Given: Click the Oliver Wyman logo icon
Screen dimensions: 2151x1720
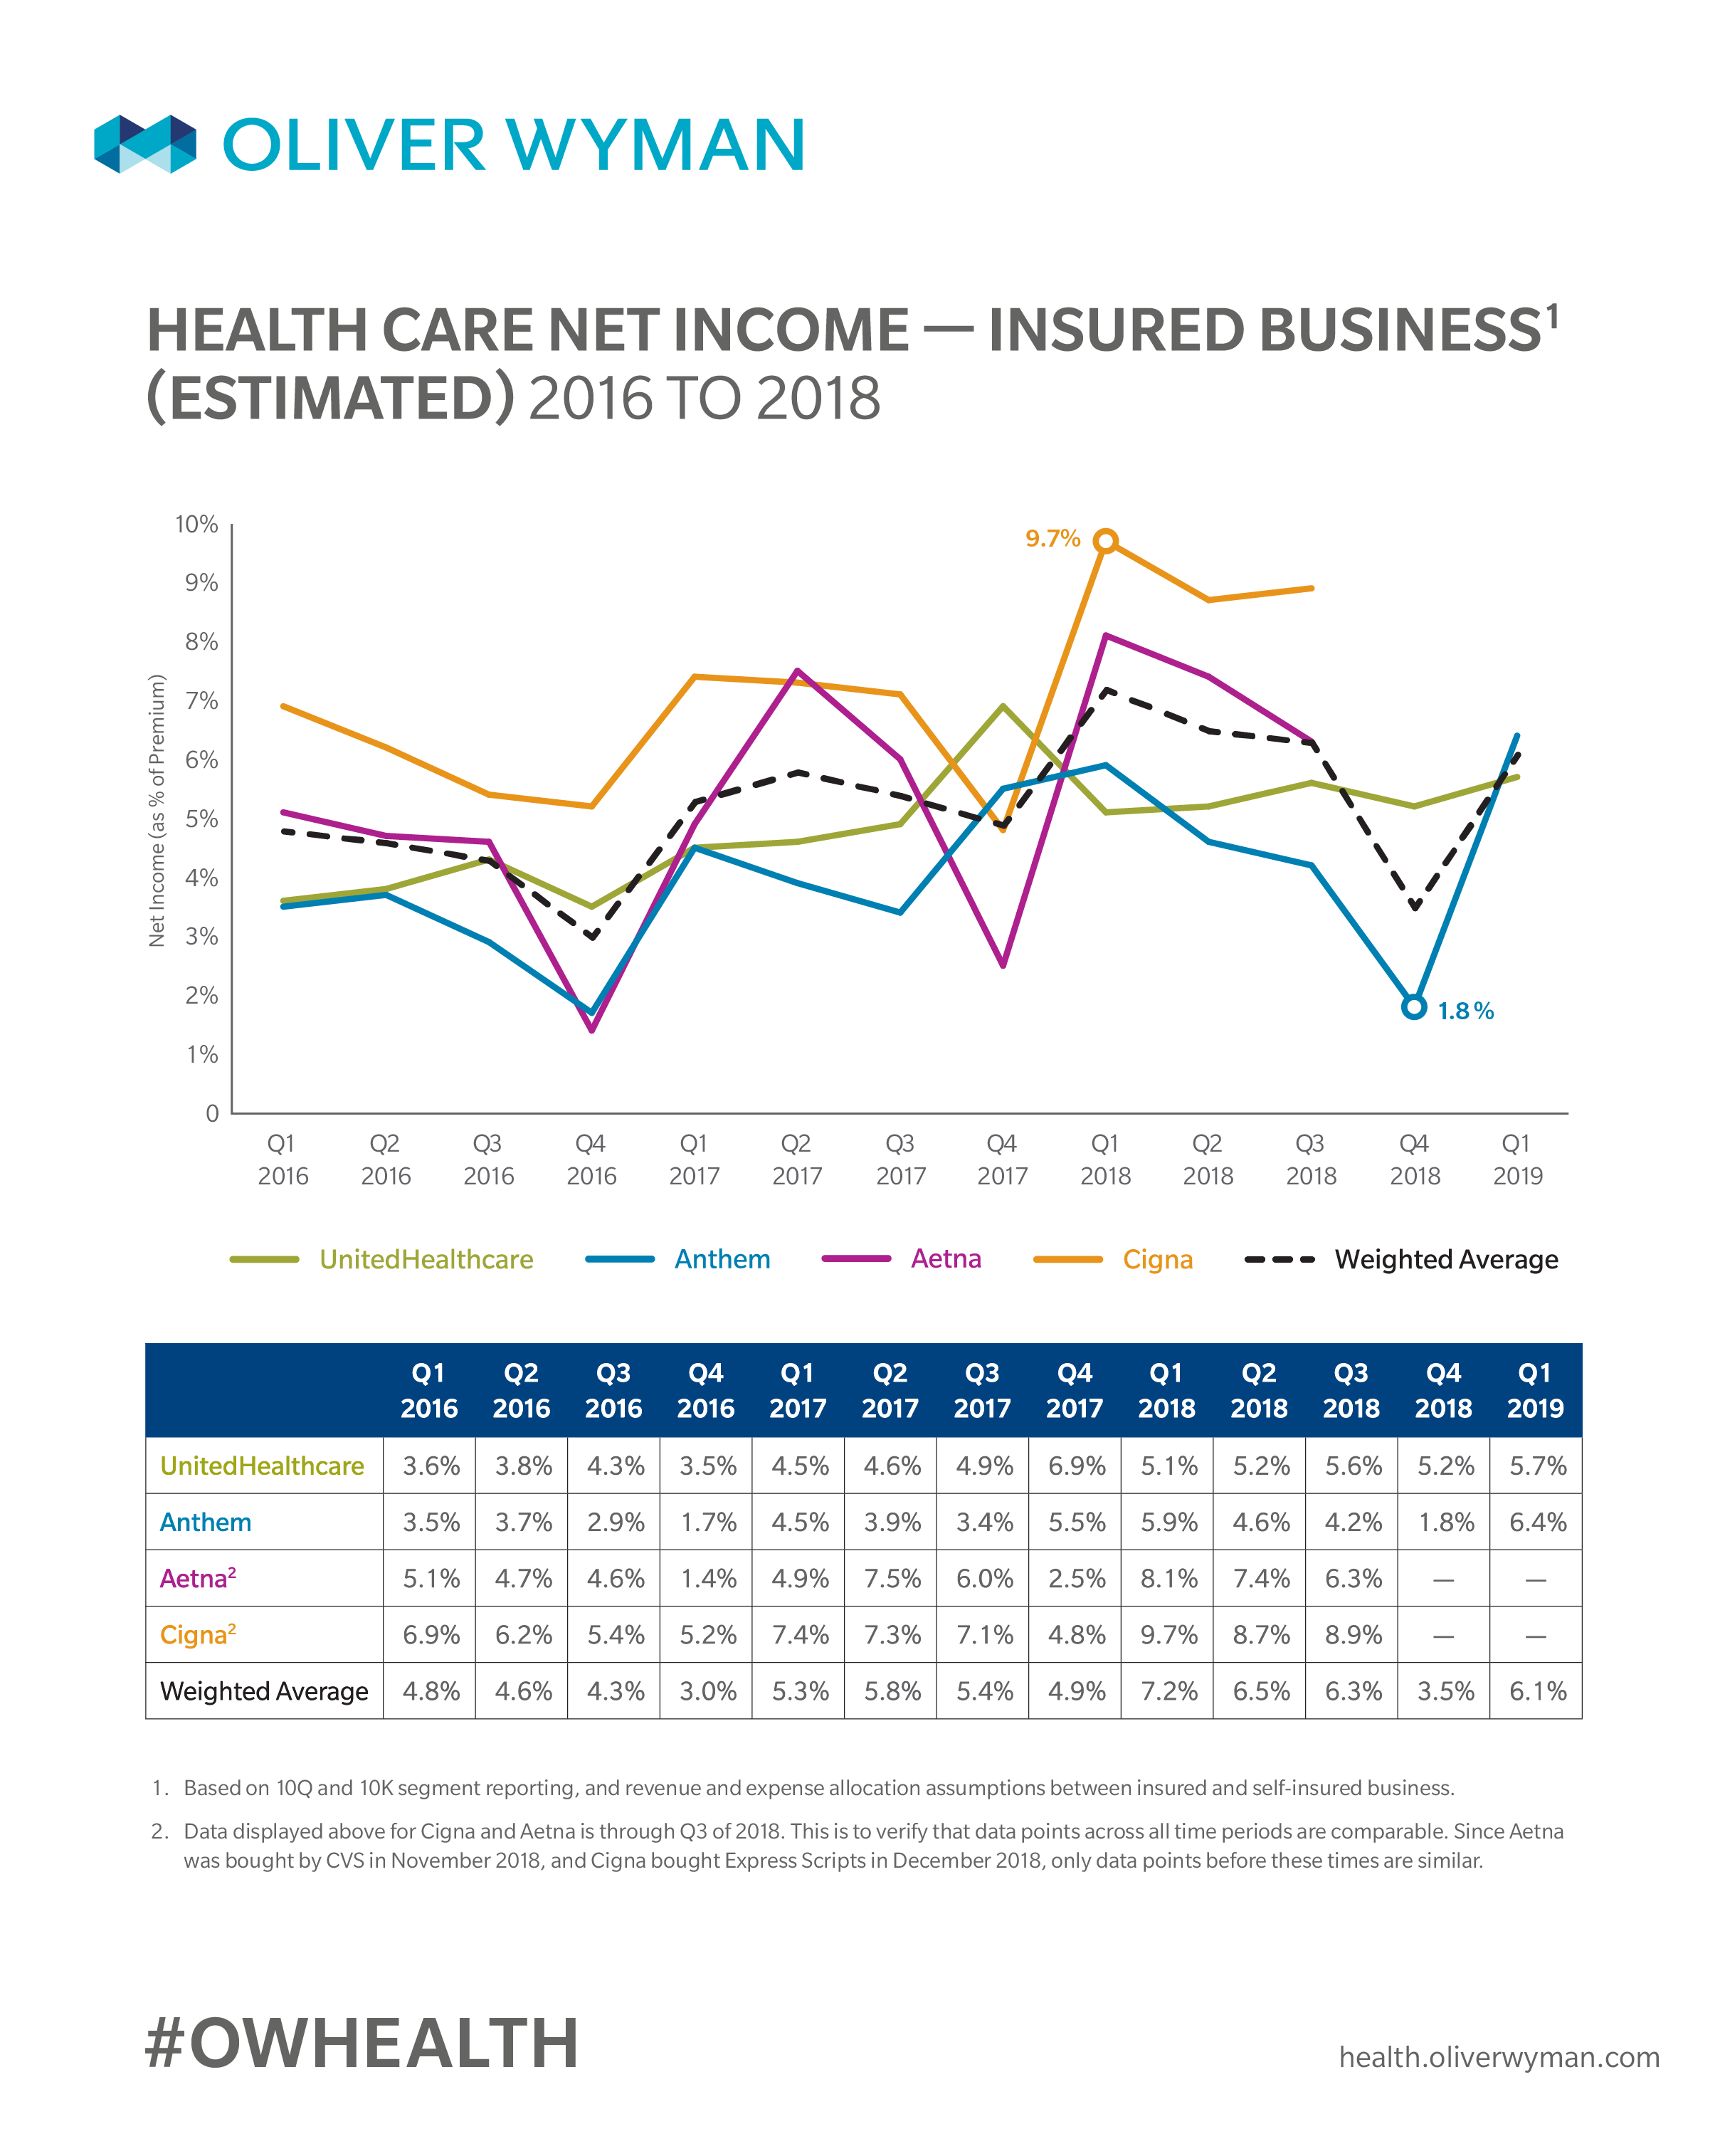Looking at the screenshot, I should [x=144, y=144].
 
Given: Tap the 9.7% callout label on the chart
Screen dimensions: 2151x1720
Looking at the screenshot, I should [x=1052, y=539].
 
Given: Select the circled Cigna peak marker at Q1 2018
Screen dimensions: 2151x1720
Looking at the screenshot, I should [x=1104, y=541].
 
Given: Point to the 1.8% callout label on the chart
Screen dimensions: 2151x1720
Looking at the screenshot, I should [x=1465, y=1011].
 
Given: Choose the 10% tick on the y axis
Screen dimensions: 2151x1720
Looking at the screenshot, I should [x=196, y=525].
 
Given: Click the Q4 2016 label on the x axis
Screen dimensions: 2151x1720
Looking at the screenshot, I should [x=591, y=1159].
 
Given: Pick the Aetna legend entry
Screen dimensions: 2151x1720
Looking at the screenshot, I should [x=945, y=1259].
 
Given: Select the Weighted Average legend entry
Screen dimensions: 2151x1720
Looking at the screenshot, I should [x=1445, y=1259].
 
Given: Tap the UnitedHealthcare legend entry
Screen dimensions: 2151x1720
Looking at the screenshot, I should [x=426, y=1259].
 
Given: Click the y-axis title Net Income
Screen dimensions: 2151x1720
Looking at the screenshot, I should [x=157, y=810].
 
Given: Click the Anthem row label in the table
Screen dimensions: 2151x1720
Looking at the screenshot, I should [x=206, y=1522].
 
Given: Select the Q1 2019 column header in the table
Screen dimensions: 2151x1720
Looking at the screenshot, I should [x=1534, y=1391].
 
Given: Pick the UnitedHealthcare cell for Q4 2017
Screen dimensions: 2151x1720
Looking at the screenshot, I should [x=1075, y=1466].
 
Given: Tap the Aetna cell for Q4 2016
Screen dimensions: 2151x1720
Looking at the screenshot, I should [x=707, y=1578].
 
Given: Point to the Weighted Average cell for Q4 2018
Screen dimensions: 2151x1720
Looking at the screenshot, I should [x=1444, y=1691].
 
